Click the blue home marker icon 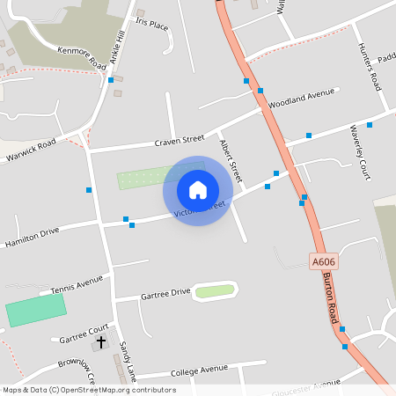(198, 189)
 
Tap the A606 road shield (324, 261)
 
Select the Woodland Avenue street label (303, 95)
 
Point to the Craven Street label (180, 140)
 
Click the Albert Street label (230, 157)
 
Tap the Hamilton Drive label (32, 236)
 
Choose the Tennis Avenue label (77, 288)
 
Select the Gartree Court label (84, 333)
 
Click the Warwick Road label (31, 150)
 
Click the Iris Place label (151, 25)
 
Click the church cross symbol (100, 341)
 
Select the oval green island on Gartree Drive (215, 290)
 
